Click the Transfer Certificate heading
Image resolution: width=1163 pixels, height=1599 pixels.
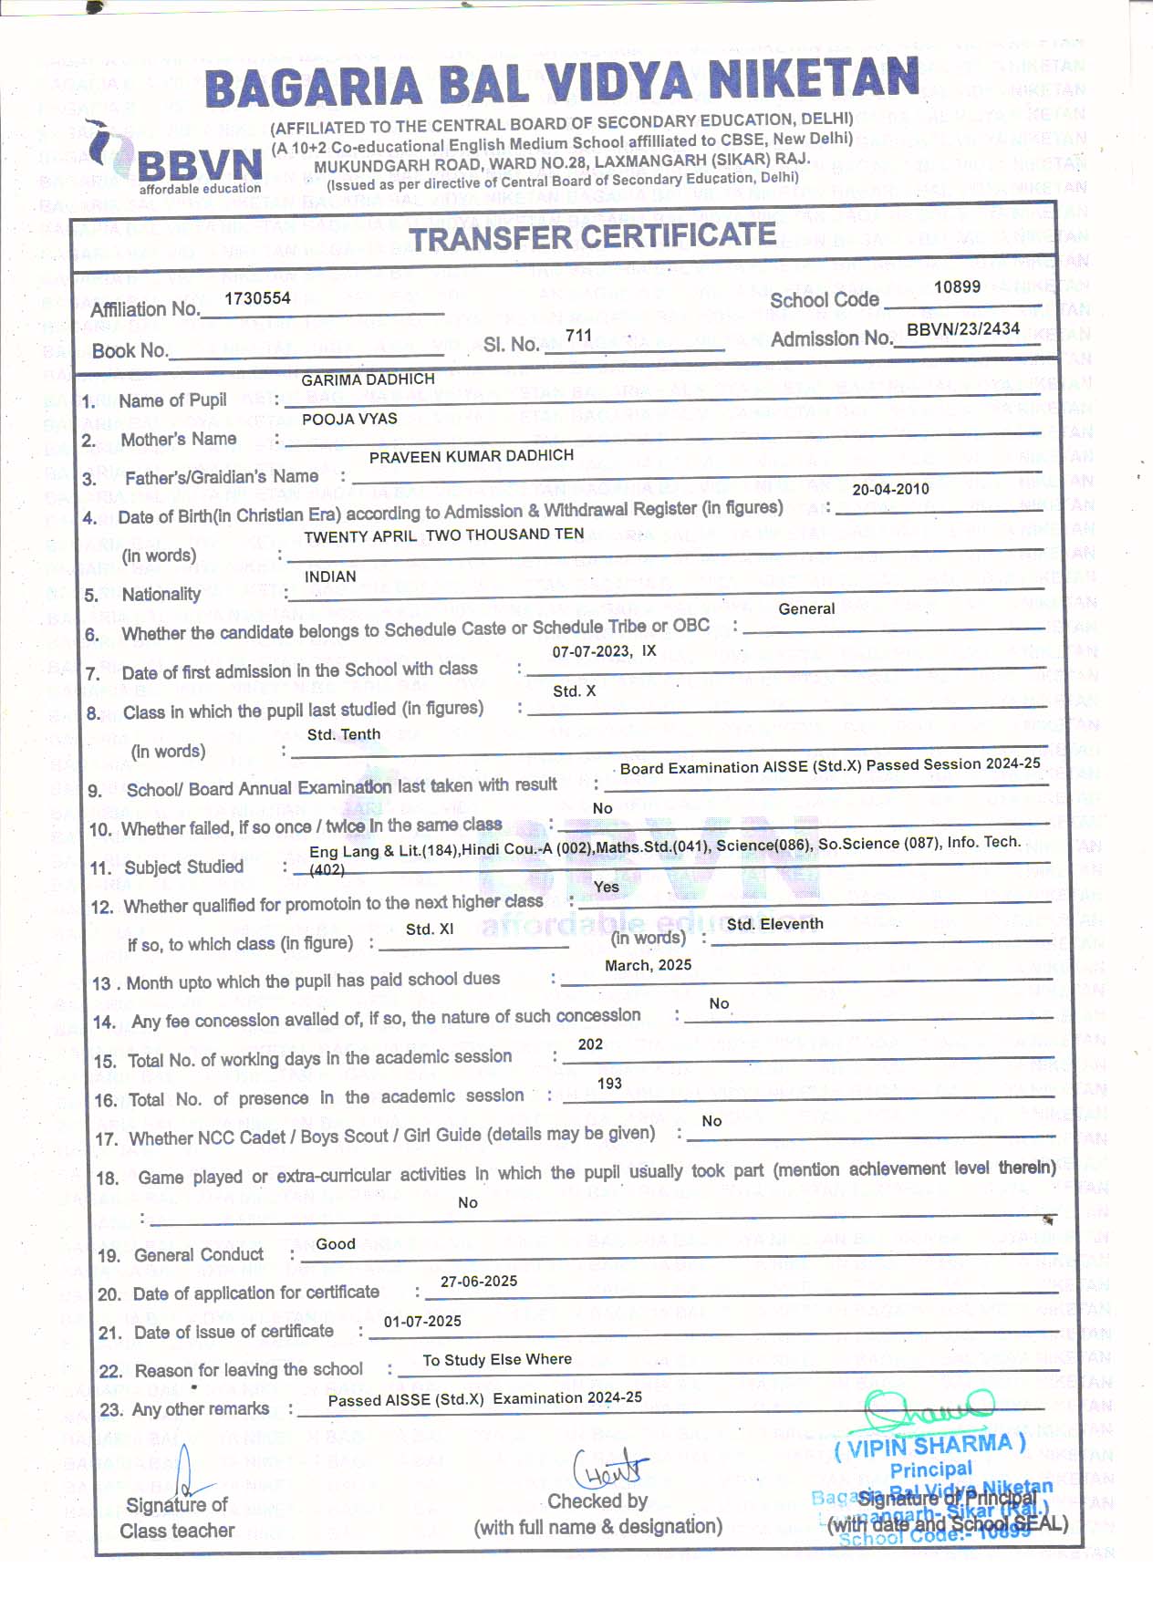click(x=592, y=237)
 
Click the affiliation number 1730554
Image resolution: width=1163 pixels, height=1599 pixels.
click(x=257, y=298)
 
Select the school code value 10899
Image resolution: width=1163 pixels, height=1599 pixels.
click(x=957, y=287)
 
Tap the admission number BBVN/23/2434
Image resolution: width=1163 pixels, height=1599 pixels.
click(x=963, y=329)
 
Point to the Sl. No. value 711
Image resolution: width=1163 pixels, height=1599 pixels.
click(x=579, y=336)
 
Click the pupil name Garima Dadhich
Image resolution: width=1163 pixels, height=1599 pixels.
click(x=368, y=379)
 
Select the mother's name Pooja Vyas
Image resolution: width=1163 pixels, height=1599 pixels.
click(x=349, y=419)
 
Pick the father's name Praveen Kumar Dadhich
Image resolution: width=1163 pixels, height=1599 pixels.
click(x=472, y=456)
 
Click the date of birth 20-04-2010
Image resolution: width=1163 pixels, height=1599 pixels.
click(x=890, y=489)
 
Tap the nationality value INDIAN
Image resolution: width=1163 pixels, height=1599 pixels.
click(x=330, y=576)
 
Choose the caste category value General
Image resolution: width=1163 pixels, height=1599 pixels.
click(x=806, y=608)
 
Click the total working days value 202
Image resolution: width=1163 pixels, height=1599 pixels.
click(x=590, y=1044)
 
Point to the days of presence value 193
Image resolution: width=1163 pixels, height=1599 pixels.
click(x=609, y=1084)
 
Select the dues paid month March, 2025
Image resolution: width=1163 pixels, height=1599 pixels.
click(x=648, y=965)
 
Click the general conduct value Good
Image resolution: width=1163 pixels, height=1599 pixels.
click(x=336, y=1244)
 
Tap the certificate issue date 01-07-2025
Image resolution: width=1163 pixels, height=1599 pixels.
click(x=422, y=1322)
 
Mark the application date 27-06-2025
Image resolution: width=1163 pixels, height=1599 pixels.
click(x=479, y=1282)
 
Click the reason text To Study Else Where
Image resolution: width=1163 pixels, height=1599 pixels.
click(x=497, y=1360)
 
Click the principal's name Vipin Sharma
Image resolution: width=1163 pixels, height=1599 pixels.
click(x=930, y=1446)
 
